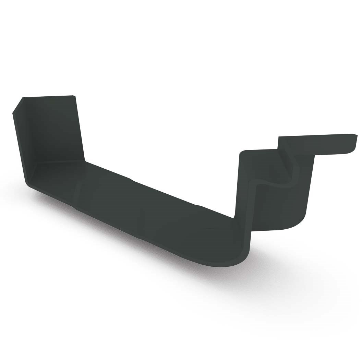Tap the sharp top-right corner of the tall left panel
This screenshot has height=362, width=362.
click(x=73, y=96)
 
